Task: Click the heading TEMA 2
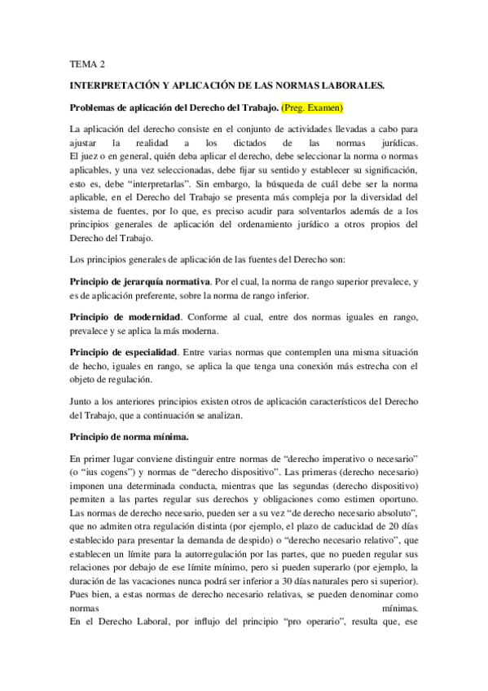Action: [86, 62]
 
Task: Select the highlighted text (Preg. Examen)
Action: [313, 107]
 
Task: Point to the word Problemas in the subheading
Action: [95, 107]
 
